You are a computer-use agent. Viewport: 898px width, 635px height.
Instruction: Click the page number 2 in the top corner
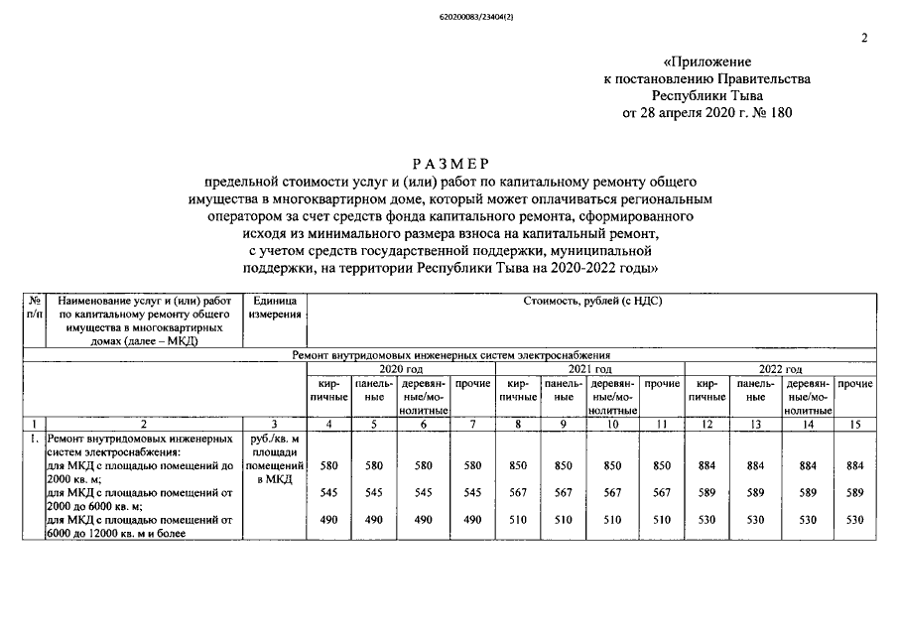(x=864, y=39)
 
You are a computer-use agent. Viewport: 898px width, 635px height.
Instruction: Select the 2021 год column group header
(x=589, y=368)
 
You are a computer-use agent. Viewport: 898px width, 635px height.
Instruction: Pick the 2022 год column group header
(x=779, y=368)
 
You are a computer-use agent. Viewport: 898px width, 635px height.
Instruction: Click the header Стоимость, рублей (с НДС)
(x=591, y=300)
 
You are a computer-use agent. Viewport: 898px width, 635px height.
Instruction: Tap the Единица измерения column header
(x=274, y=307)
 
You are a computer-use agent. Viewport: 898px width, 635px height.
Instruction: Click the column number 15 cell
(x=854, y=425)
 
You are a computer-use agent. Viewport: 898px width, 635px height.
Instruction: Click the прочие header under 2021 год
(x=661, y=383)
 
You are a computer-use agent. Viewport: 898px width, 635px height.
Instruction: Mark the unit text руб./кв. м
(x=274, y=438)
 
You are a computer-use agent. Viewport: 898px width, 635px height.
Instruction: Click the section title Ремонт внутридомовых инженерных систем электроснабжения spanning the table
(x=450, y=354)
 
